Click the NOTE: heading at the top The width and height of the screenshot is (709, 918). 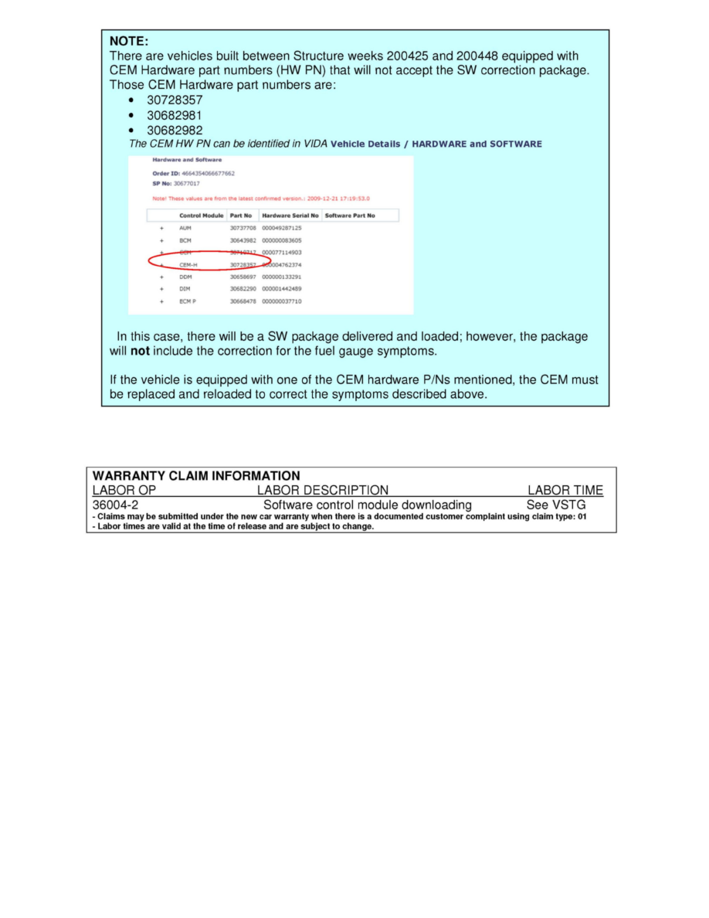click(129, 41)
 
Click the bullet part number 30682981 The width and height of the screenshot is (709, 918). click(175, 115)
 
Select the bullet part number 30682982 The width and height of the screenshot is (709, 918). click(175, 130)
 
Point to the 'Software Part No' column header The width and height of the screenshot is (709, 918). click(350, 216)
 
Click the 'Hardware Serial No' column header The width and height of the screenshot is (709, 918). click(290, 216)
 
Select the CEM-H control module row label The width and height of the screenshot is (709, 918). click(188, 264)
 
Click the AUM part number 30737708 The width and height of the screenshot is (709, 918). click(243, 228)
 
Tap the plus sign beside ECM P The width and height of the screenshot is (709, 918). click(161, 301)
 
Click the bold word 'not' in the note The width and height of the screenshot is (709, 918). click(140, 352)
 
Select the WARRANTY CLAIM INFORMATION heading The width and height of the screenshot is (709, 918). click(196, 476)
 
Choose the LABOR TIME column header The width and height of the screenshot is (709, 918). click(565, 490)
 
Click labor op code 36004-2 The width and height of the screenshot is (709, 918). click(115, 505)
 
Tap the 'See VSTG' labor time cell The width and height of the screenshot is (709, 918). click(556, 505)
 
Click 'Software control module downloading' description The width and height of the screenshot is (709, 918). click(368, 505)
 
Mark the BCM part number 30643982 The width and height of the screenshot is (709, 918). click(243, 240)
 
